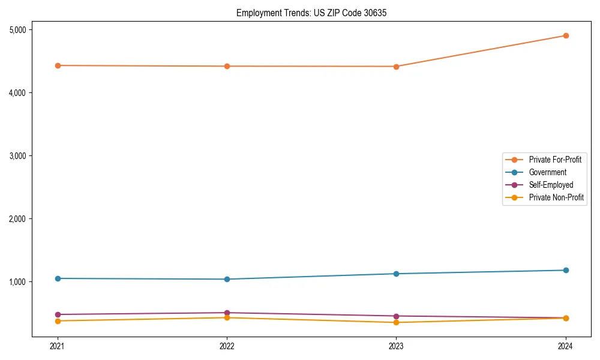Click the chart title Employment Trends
307,13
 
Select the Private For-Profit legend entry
554,160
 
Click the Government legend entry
547,172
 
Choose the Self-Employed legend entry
551,185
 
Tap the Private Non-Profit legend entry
556,197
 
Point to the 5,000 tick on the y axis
22,30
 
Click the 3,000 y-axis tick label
22,156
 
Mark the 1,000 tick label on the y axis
22,282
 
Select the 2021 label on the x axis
58,346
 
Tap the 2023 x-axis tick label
396,346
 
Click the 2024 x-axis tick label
565,346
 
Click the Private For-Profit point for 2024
565,35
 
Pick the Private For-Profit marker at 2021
58,65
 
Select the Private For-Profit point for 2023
396,67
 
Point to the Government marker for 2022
227,279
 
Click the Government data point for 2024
565,270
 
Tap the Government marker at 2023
396,274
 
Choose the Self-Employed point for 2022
227,313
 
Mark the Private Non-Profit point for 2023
396,322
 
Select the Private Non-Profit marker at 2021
58,321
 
